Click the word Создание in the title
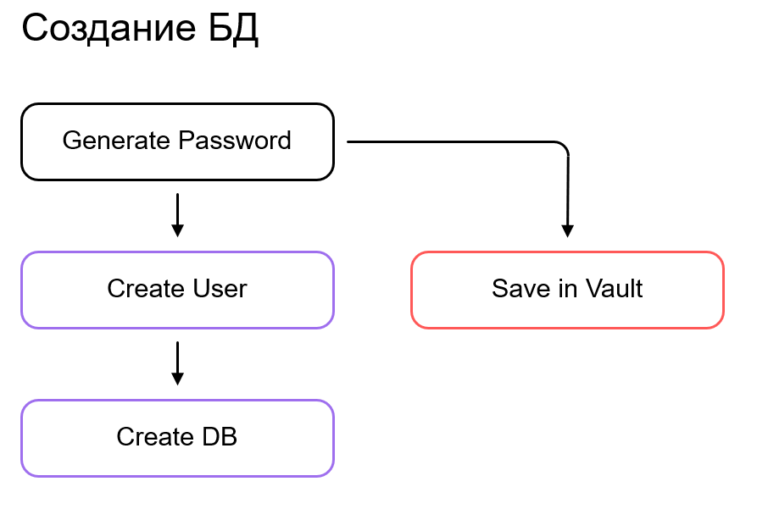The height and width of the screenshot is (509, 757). pyautogui.click(x=107, y=29)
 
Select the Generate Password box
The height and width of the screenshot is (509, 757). pyautogui.click(x=177, y=141)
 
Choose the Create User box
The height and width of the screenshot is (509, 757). pyautogui.click(x=177, y=290)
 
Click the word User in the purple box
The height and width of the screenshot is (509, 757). pyautogui.click(x=219, y=289)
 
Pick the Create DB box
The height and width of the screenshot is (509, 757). pyautogui.click(x=177, y=438)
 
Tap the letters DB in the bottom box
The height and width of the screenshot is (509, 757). pyautogui.click(x=220, y=437)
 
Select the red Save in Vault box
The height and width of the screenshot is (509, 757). pyautogui.click(x=567, y=290)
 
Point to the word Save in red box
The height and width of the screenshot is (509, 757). pyautogui.click(x=515, y=289)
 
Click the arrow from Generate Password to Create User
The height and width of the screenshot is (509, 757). pyautogui.click(x=177, y=214)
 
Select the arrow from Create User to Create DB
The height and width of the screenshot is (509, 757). pyautogui.click(x=177, y=362)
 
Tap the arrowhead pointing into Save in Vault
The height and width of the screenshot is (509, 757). pyautogui.click(x=568, y=231)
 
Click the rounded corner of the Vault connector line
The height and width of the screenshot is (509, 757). pyautogui.click(x=563, y=147)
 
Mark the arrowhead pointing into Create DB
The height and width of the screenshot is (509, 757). pyautogui.click(x=177, y=379)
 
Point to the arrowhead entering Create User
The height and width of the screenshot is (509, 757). pyautogui.click(x=177, y=230)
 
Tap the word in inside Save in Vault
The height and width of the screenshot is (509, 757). pyautogui.click(x=555, y=289)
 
